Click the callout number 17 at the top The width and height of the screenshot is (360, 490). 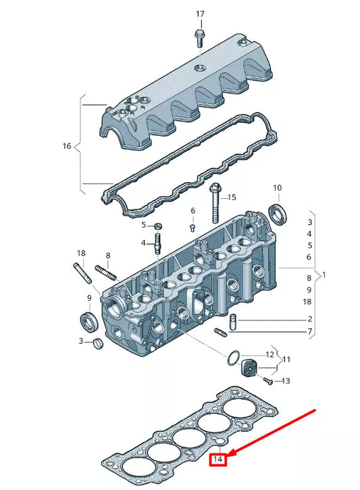pos(199,14)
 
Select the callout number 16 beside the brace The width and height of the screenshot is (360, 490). pos(66,146)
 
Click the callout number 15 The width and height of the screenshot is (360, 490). pos(231,197)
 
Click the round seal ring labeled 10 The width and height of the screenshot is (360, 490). pos(278,214)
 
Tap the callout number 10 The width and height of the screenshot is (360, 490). pos(277,188)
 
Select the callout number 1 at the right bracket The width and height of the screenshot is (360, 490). pos(324,275)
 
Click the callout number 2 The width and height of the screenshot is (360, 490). pos(309,319)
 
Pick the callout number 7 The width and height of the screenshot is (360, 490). pos(309,332)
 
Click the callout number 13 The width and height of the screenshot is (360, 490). pos(285,381)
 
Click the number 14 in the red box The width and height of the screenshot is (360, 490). pos(217,460)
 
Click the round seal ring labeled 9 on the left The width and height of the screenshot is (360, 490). pos(88,319)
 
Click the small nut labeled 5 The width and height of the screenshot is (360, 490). pos(157,226)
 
